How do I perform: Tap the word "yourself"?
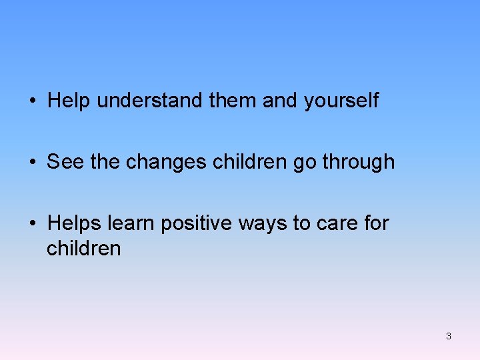341,101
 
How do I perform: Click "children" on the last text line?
83,248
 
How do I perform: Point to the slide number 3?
449,336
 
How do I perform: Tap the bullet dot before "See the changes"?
33,163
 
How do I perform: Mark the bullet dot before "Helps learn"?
33,224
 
